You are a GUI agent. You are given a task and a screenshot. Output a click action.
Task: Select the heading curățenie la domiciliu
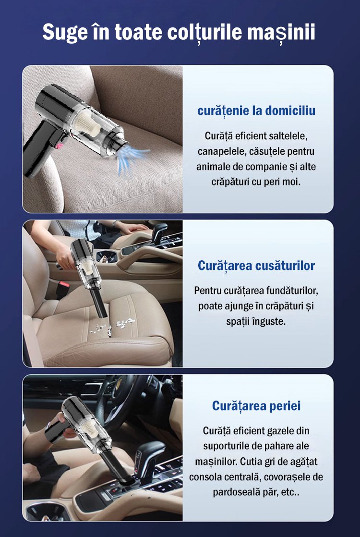(x=256, y=110)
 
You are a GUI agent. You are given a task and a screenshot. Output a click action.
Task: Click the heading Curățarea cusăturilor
(x=256, y=266)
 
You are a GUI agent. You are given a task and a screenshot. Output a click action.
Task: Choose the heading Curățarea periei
(x=256, y=406)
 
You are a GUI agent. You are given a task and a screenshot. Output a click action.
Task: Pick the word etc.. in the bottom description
(x=290, y=492)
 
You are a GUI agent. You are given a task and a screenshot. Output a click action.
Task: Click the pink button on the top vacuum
(x=59, y=146)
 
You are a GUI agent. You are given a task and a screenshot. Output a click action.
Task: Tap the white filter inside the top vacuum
(x=88, y=124)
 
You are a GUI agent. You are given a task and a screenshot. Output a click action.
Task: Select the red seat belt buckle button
(x=64, y=284)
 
